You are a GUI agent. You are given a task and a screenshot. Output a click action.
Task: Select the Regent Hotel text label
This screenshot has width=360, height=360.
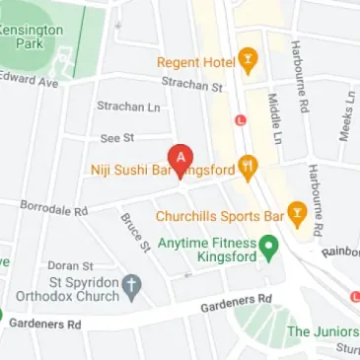click(x=196, y=62)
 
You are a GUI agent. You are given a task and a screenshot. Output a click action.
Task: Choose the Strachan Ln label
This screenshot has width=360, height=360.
click(x=128, y=106)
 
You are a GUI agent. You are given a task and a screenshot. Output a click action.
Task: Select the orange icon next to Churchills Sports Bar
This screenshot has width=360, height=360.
click(x=299, y=214)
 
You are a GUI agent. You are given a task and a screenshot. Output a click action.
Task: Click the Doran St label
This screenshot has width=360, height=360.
click(x=71, y=265)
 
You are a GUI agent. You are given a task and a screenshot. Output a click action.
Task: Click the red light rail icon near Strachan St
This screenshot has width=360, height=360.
click(x=240, y=120)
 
